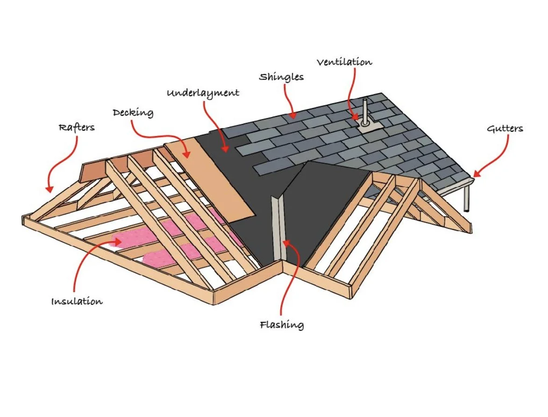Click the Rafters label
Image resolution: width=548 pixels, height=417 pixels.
click(76, 128)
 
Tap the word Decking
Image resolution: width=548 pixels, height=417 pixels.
click(133, 113)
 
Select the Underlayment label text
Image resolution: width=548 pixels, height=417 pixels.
click(203, 93)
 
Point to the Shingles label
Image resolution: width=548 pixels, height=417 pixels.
click(281, 77)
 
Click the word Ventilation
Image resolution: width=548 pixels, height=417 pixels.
click(344, 62)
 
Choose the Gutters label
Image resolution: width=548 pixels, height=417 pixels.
click(505, 129)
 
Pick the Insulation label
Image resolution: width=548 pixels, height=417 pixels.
click(77, 302)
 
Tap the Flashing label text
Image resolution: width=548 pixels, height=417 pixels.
click(282, 324)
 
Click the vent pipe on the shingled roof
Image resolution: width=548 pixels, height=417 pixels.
click(365, 110)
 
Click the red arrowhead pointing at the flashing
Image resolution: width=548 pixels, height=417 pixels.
click(285, 243)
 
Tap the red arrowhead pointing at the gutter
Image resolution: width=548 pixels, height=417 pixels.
click(477, 175)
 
